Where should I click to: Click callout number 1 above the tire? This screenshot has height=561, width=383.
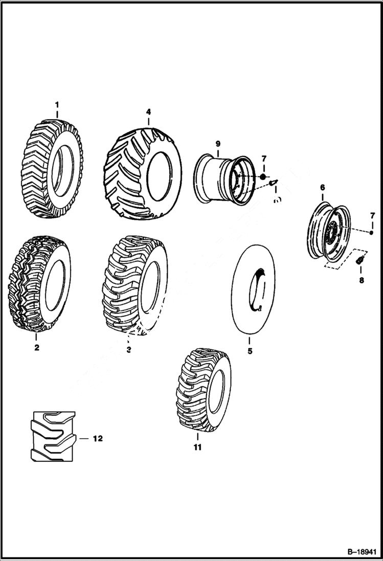click(x=57, y=105)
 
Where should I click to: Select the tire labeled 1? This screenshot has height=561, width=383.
click(x=51, y=169)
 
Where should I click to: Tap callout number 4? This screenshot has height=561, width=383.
click(x=148, y=111)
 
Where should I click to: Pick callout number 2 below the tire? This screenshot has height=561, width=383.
click(x=36, y=348)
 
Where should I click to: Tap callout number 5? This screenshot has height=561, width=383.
click(x=250, y=351)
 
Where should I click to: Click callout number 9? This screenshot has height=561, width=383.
click(x=217, y=144)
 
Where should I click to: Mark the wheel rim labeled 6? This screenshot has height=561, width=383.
click(x=330, y=233)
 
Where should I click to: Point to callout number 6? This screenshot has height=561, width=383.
click(x=322, y=188)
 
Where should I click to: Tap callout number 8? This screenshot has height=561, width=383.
click(x=361, y=280)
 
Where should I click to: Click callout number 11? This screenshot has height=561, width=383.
click(x=197, y=447)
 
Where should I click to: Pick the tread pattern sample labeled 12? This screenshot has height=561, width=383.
click(x=51, y=436)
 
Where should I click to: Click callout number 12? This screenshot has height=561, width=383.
click(x=97, y=439)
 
